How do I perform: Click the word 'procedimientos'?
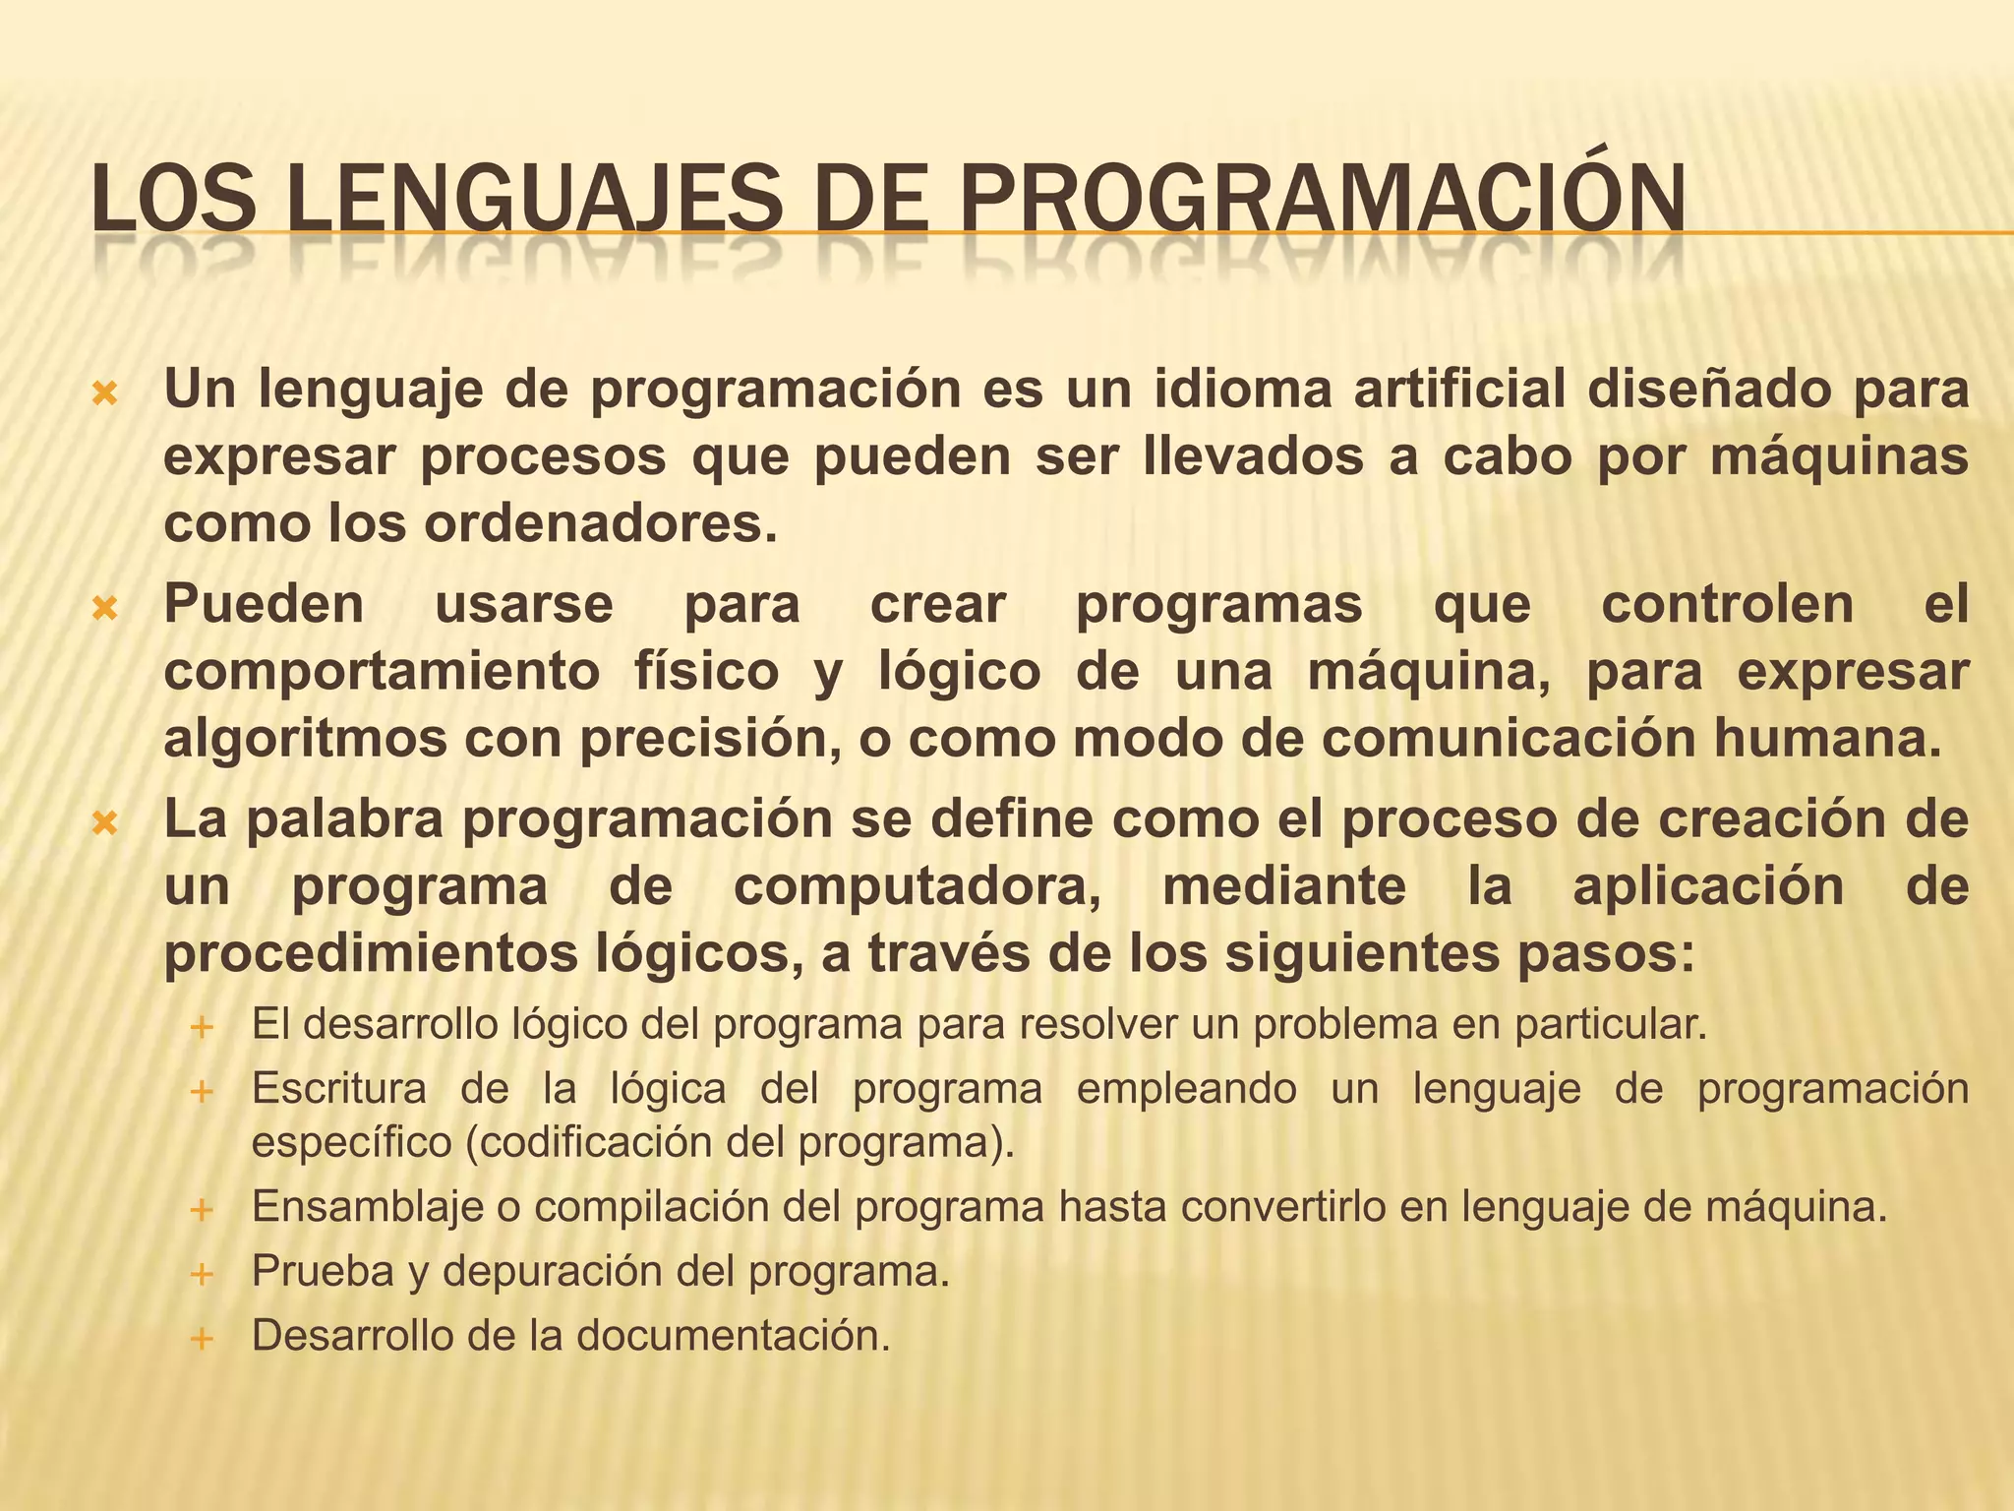click(x=371, y=953)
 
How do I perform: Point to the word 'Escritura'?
click(x=339, y=1089)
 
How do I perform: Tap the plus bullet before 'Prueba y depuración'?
click(x=202, y=1275)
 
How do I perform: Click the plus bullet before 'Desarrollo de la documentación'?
click(x=202, y=1339)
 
